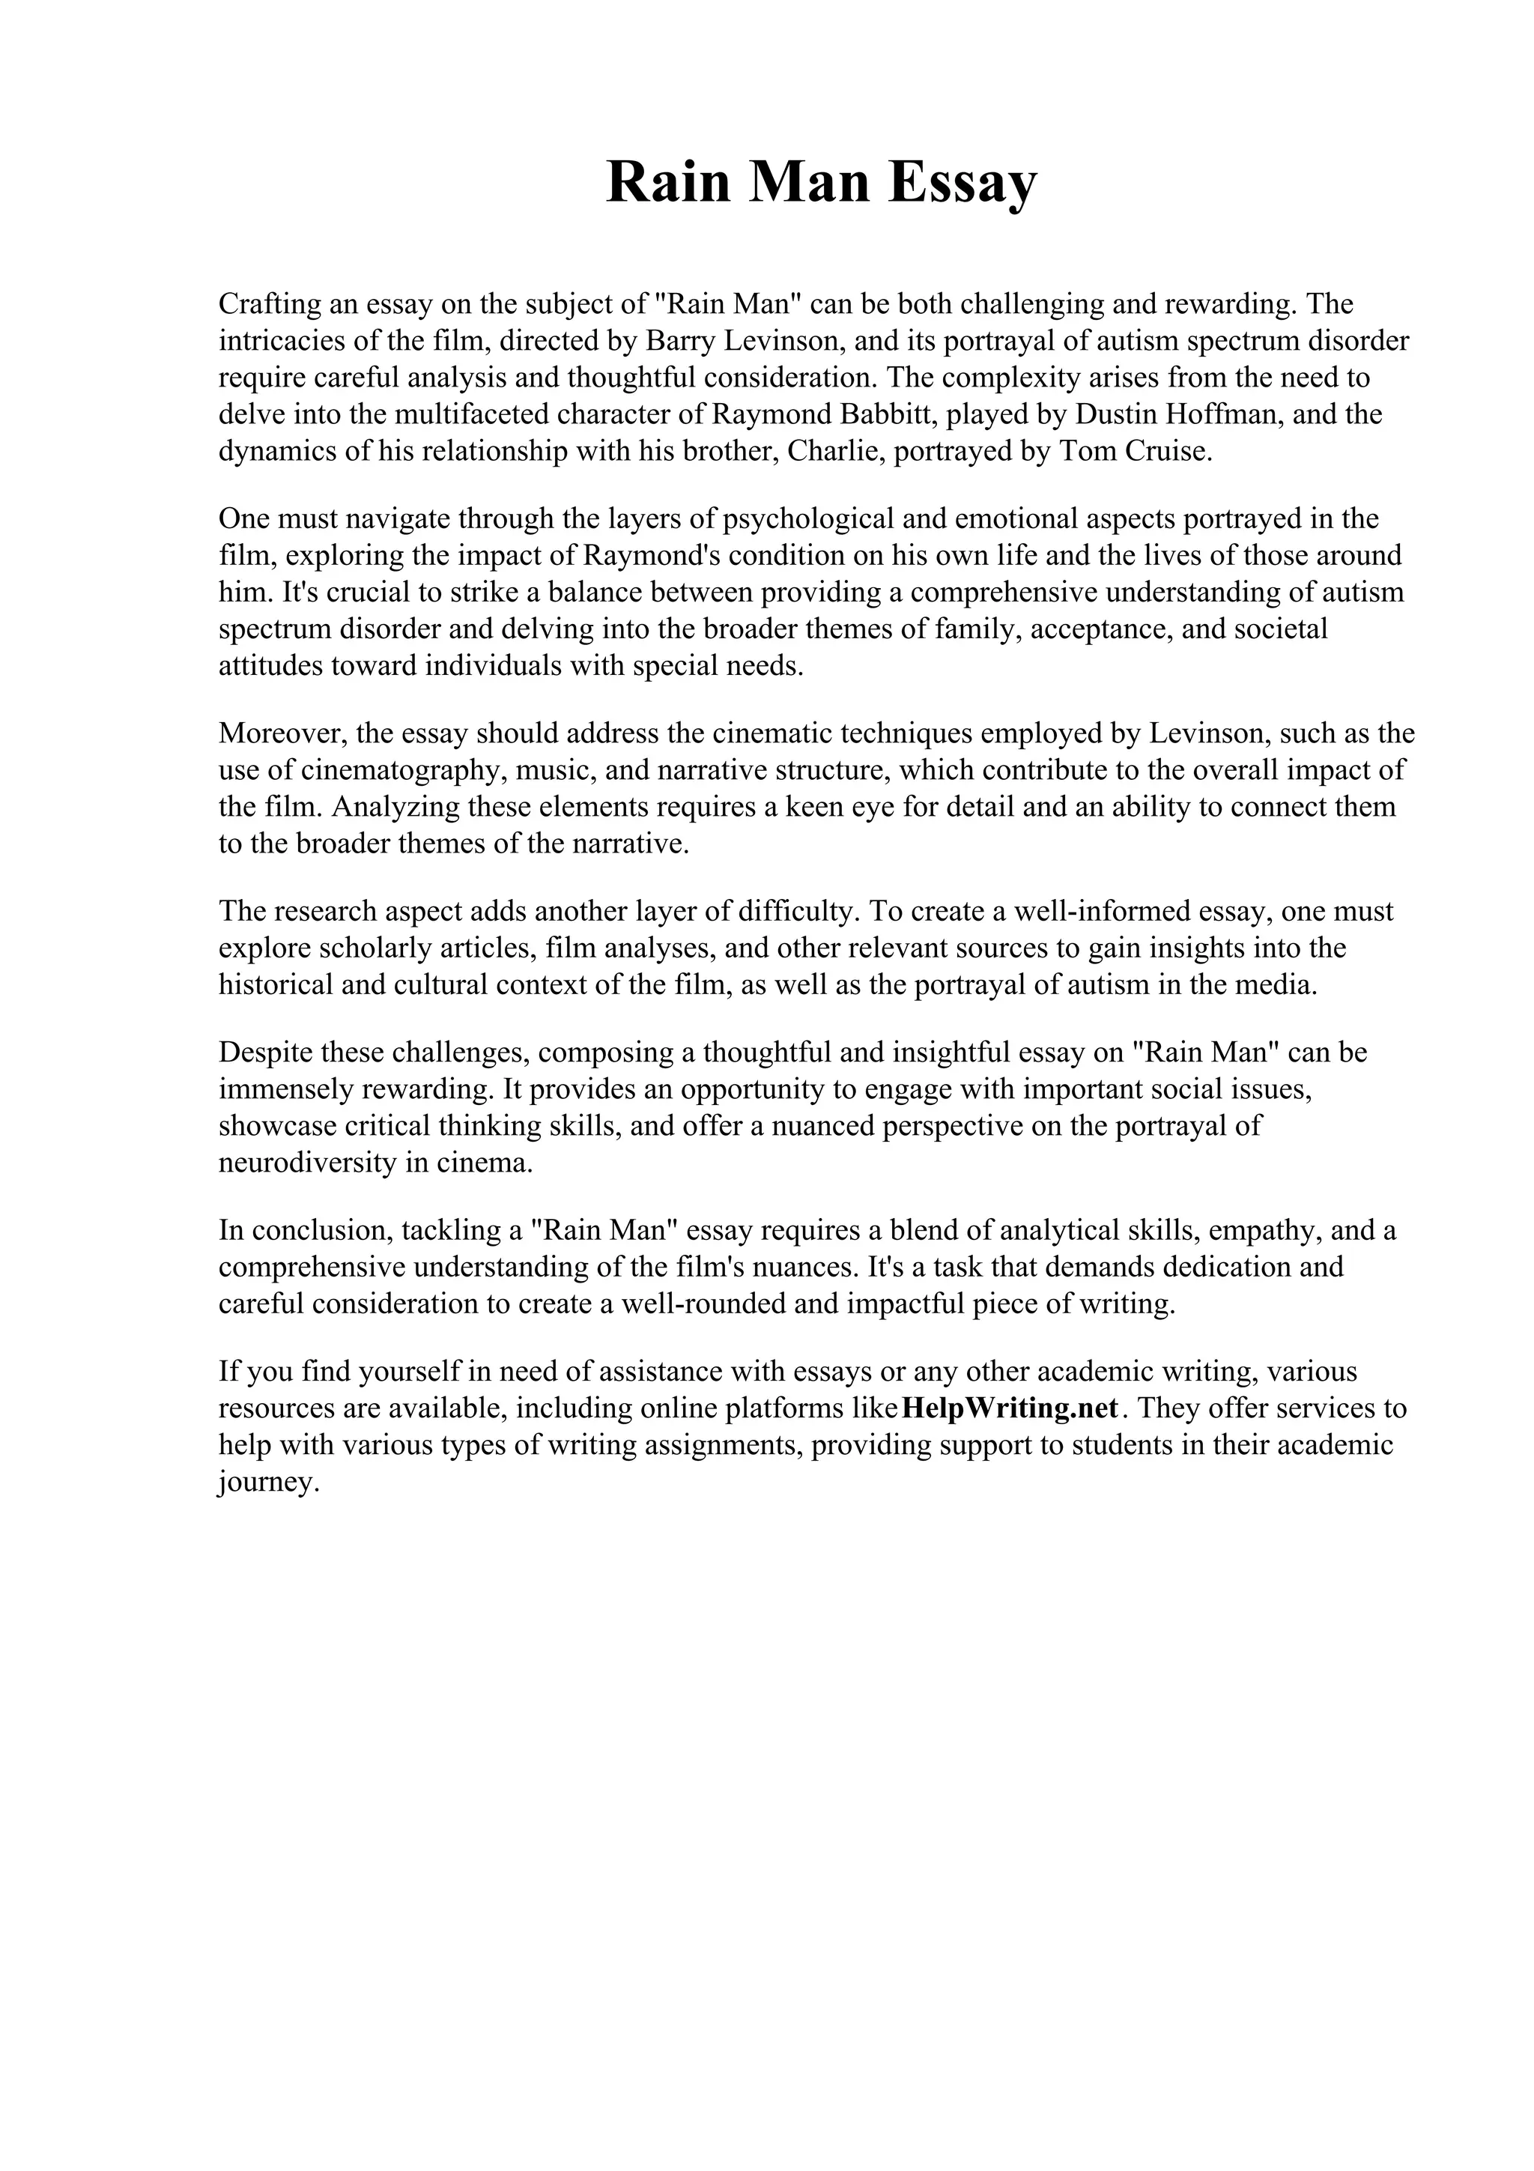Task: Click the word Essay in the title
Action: coord(962,183)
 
